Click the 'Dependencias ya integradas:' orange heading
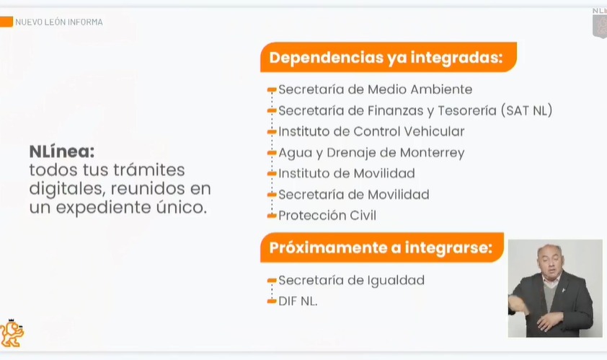[386, 58]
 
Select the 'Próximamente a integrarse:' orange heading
[381, 247]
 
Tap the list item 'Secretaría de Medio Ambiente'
[375, 90]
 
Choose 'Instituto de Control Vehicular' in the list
[371, 132]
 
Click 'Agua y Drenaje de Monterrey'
[371, 153]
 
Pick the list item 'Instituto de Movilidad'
[347, 174]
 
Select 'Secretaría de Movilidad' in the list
[353, 195]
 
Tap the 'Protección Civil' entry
[327, 216]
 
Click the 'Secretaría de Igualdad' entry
[351, 281]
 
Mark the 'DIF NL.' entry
[298, 302]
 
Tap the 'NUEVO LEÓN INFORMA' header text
[59, 22]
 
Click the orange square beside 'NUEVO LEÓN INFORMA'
[6, 22]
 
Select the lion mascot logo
[12, 333]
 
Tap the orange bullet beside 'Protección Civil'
[272, 216]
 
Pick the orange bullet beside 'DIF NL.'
[272, 302]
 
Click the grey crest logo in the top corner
[599, 25]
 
